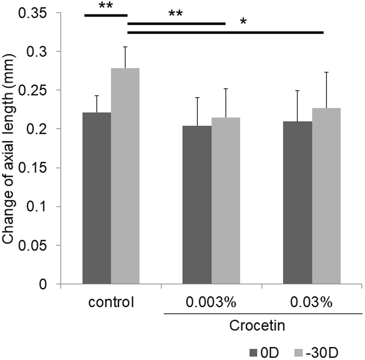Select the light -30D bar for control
125,176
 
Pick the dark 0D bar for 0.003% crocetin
197,205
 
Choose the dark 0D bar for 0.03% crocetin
298,202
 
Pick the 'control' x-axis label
111,303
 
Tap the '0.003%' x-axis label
211,303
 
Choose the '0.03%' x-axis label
312,303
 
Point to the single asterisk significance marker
243,22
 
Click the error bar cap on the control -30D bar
125,47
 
